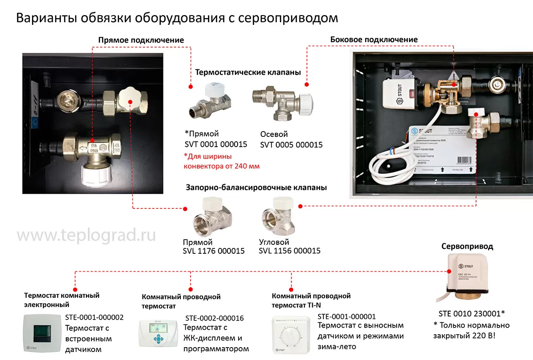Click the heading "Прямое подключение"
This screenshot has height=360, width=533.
(x=141, y=40)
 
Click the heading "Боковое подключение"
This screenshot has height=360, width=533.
(x=374, y=40)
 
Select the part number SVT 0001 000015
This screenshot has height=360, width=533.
(x=216, y=144)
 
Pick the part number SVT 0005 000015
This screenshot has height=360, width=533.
(x=291, y=145)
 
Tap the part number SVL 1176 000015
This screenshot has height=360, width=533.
(x=214, y=251)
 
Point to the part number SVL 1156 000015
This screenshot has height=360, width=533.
(x=290, y=251)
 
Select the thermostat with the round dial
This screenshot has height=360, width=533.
(x=292, y=336)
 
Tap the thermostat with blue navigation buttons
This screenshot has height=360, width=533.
(x=159, y=333)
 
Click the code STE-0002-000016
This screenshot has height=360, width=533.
(x=214, y=318)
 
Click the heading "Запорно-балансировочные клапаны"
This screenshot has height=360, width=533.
(x=256, y=188)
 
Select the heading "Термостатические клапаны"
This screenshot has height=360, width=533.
(x=248, y=72)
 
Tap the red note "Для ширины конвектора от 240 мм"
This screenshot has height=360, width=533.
(x=221, y=161)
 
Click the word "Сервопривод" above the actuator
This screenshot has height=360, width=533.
(x=467, y=246)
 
